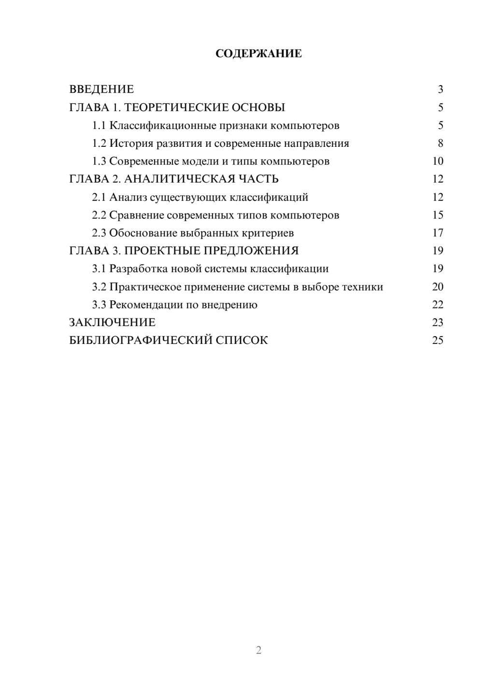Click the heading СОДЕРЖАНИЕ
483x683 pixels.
(x=258, y=54)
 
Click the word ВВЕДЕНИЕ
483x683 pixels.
(x=101, y=89)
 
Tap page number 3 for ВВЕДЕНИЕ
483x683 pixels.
(x=440, y=89)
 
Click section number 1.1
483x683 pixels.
(x=99, y=126)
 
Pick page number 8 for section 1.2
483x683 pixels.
(x=440, y=143)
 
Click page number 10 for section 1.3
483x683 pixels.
(x=438, y=161)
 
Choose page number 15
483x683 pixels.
(x=438, y=215)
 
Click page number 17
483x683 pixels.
(x=438, y=233)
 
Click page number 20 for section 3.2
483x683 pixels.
(x=438, y=286)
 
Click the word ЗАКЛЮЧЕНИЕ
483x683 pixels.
(x=112, y=322)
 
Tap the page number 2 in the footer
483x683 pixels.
(x=258, y=650)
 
